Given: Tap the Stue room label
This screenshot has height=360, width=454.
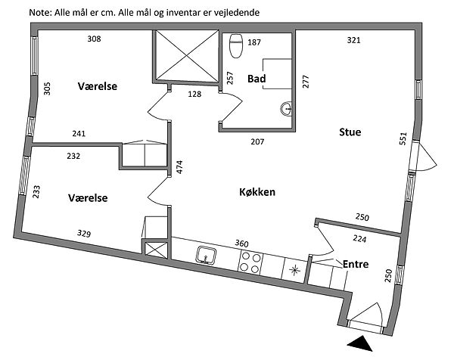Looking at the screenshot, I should coord(349,132).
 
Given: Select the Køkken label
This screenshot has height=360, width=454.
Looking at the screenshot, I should coord(257,192).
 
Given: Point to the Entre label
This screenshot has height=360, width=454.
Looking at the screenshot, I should coord(356,264).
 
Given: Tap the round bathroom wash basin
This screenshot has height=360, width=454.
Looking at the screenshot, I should coord(286,109).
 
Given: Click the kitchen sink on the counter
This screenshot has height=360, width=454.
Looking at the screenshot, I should coord(205,256).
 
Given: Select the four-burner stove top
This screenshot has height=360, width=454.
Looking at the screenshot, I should coord(251,262).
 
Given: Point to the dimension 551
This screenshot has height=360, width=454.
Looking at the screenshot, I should coord(404,139).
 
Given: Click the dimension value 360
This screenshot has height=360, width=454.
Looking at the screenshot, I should coord(242,244).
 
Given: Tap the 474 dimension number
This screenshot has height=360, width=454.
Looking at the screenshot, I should coord(180,168).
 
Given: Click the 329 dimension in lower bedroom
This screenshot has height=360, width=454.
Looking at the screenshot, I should coord(85,234).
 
